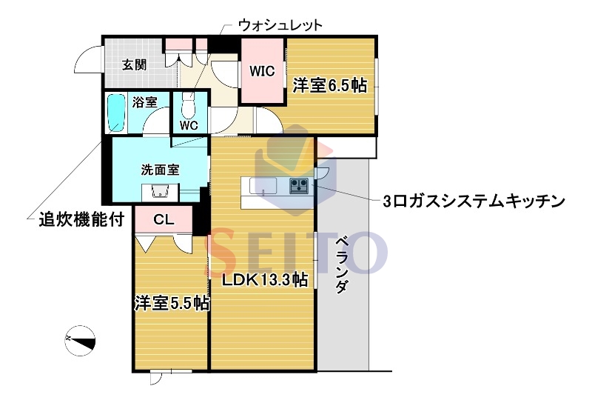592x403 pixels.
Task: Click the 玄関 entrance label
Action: (x=134, y=64)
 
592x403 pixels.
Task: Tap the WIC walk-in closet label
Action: (x=262, y=72)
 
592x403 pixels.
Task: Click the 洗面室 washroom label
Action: (x=160, y=170)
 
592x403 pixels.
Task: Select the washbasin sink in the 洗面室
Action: (x=160, y=192)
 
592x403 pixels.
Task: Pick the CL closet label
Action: (x=164, y=219)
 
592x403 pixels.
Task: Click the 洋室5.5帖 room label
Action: (x=171, y=303)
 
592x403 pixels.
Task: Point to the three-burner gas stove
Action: (x=300, y=185)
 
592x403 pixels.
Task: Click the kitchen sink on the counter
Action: (x=263, y=185)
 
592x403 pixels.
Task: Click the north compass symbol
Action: (x=81, y=339)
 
